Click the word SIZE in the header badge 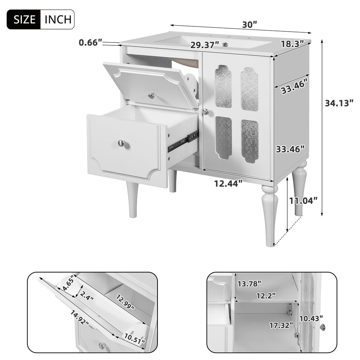(x=24, y=19)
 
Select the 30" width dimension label (x=250, y=25)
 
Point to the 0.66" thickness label (x=90, y=43)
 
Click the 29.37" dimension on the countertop (x=205, y=45)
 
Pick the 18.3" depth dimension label (x=292, y=44)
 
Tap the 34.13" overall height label (x=339, y=103)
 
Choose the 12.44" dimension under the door (x=229, y=183)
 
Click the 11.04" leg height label (x=303, y=200)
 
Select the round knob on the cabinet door (x=206, y=112)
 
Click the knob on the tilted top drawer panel (x=152, y=95)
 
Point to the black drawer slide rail (x=183, y=141)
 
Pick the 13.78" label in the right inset (x=249, y=283)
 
